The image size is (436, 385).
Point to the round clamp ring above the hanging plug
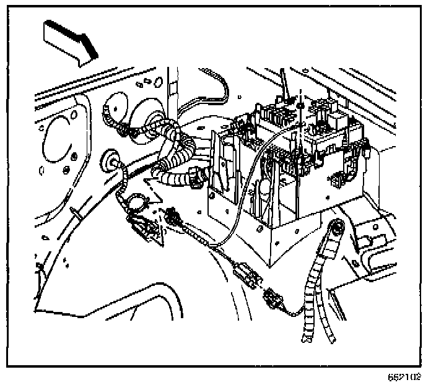136,202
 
